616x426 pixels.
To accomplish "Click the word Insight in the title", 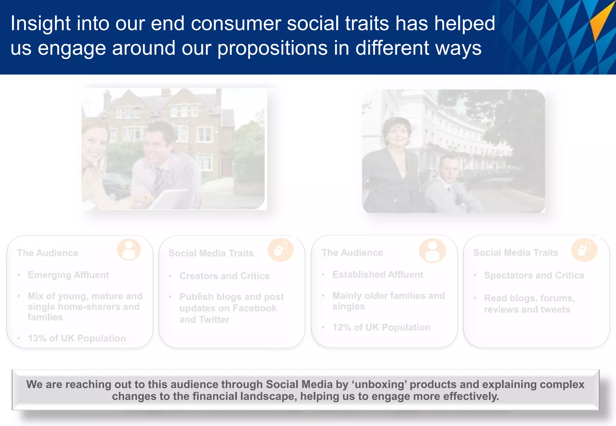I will click(x=40, y=23).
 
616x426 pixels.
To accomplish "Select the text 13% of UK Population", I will click(x=77, y=338).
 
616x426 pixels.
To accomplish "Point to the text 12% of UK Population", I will click(x=381, y=327).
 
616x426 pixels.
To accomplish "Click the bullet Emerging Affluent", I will click(x=68, y=275).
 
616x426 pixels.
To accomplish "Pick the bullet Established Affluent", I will click(x=377, y=275).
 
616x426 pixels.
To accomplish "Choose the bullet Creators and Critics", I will click(x=224, y=276).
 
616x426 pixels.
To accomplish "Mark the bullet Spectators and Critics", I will click(x=534, y=275).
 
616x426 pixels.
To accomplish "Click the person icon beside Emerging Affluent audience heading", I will click(x=129, y=250).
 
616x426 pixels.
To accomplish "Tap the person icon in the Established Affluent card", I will click(x=432, y=250).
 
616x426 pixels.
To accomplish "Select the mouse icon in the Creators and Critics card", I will click(x=281, y=250).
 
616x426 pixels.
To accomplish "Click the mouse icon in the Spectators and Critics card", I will click(x=584, y=250).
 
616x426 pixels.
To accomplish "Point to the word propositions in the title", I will click(x=272, y=48).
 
